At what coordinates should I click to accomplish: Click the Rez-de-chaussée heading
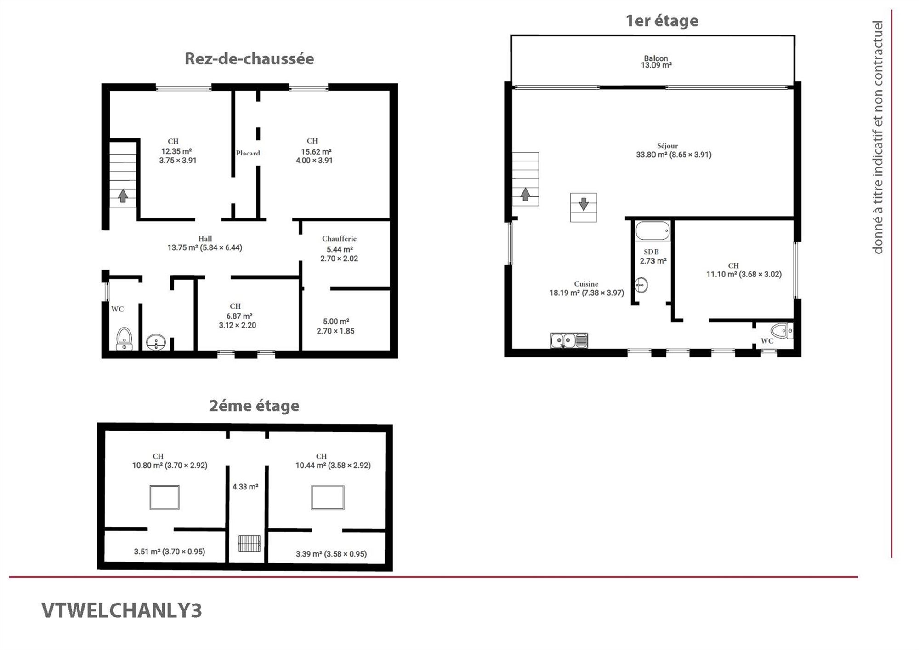(250, 59)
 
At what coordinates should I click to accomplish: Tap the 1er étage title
(662, 21)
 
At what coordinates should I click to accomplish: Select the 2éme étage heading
(254, 406)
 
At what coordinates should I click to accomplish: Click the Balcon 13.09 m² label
(656, 62)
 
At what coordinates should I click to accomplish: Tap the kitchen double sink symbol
(569, 340)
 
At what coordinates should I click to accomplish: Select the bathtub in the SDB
(652, 231)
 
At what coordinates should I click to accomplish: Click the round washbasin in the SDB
(641, 285)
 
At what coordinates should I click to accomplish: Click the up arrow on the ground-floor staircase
(123, 196)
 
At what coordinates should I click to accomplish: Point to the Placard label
(248, 153)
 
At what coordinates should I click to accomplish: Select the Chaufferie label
(339, 238)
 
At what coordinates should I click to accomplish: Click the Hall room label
(205, 238)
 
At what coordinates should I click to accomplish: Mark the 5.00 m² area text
(336, 322)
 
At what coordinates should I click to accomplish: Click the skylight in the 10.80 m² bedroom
(165, 497)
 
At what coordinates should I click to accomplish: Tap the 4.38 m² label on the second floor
(245, 487)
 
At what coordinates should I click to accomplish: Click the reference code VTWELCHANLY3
(122, 610)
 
